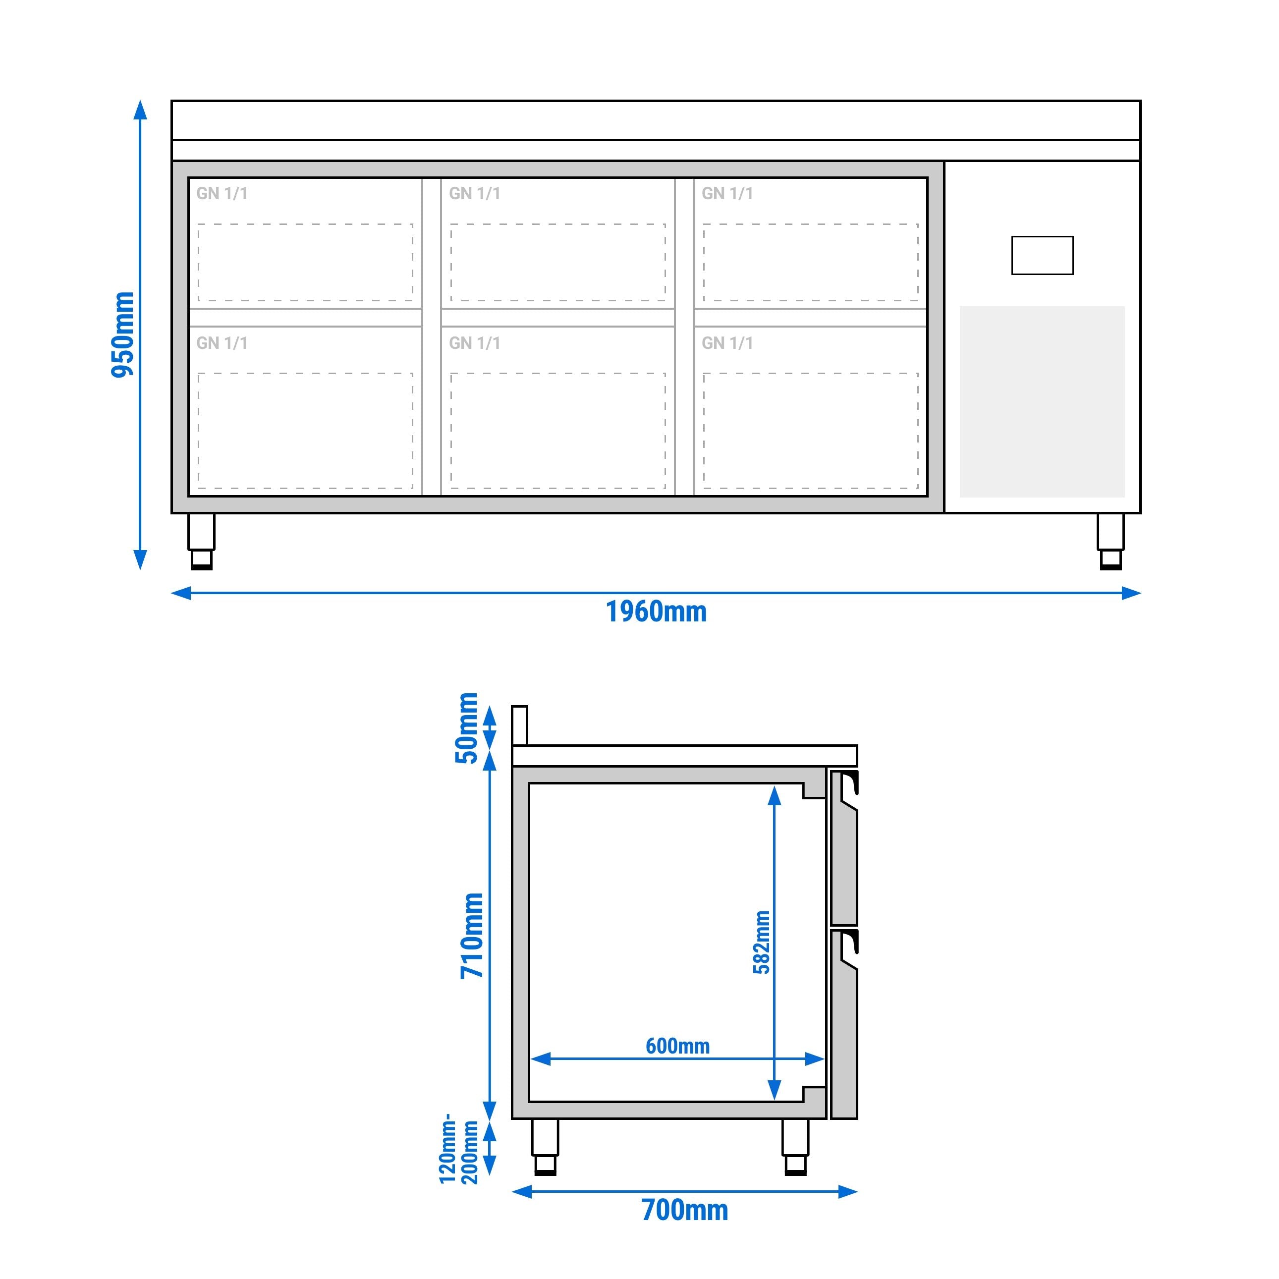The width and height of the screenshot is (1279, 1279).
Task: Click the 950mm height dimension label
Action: click(x=122, y=334)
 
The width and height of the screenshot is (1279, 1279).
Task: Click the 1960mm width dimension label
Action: click(x=656, y=612)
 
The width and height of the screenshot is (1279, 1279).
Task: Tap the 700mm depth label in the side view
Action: click(x=684, y=1210)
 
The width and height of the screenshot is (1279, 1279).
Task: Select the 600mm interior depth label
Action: click(x=677, y=1046)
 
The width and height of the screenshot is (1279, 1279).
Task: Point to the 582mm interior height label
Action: click(x=762, y=942)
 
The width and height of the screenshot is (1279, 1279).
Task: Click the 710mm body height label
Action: click(x=473, y=936)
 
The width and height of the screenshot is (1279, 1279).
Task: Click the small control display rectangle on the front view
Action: click(x=1042, y=255)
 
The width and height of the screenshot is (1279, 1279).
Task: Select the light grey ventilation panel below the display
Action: click(x=1042, y=401)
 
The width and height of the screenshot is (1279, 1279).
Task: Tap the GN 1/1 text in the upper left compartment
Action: click(x=222, y=193)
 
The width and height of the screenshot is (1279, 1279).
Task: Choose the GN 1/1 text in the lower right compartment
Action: click(x=727, y=343)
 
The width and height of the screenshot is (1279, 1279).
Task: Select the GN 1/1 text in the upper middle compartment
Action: click(x=474, y=193)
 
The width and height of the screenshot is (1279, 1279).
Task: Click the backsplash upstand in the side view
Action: click(x=520, y=725)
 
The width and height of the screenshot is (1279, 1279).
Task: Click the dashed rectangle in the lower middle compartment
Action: click(x=557, y=431)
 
